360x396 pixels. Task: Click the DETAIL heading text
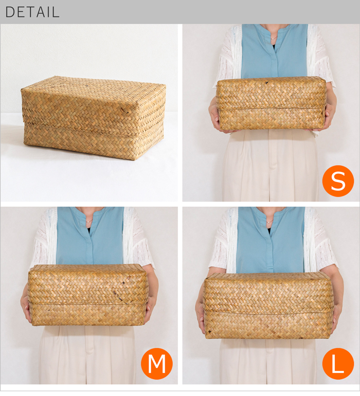click(x=32, y=12)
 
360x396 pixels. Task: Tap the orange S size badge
click(x=338, y=181)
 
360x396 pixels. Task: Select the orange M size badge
click(x=157, y=363)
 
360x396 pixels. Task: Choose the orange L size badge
click(x=338, y=363)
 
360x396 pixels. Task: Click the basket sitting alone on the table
click(x=94, y=117)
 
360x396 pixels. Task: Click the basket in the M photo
click(x=87, y=295)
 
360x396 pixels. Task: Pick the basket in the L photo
click(x=267, y=305)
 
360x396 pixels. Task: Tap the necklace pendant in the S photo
click(x=273, y=39)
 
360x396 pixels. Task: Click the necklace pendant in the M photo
click(x=87, y=222)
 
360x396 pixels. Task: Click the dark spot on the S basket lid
click(x=266, y=82)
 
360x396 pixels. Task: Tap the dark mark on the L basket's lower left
click(x=209, y=331)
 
